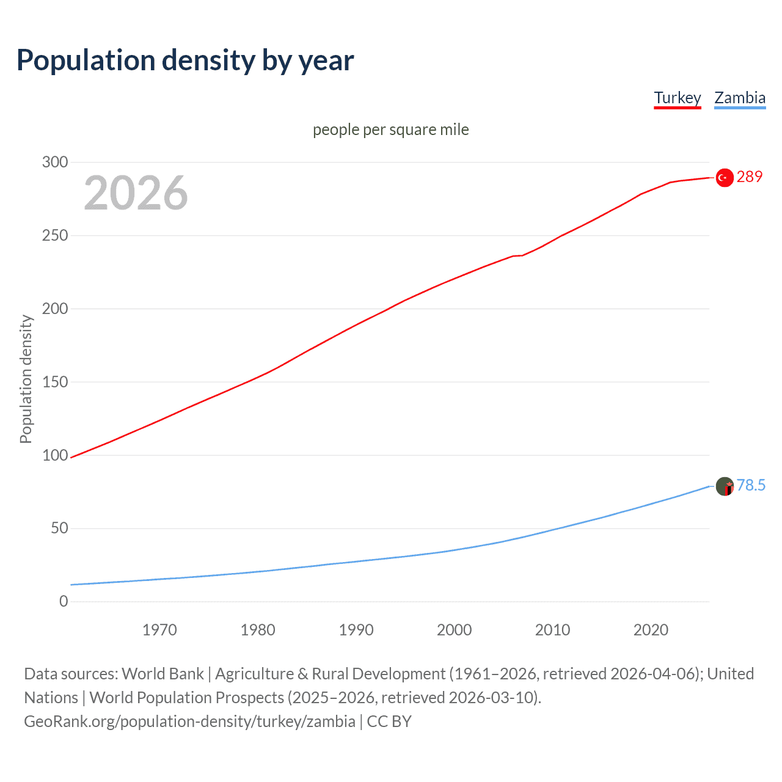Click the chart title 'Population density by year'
[185, 60]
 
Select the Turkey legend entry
[677, 98]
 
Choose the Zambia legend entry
[739, 98]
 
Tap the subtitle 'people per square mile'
[390, 130]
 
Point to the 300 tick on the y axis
[55, 162]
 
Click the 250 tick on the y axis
[55, 235]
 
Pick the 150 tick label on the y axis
[55, 382]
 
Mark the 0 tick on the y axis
[64, 601]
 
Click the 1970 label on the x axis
[159, 630]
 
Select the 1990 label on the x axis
[356, 630]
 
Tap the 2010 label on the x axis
[552, 630]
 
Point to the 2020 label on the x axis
[651, 630]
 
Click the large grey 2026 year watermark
[136, 193]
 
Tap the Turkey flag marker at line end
[725, 177]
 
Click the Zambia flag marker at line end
[725, 486]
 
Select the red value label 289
[750, 177]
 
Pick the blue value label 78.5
[751, 485]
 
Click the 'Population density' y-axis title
[26, 379]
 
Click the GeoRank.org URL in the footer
[189, 722]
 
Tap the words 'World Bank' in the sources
[163, 674]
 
